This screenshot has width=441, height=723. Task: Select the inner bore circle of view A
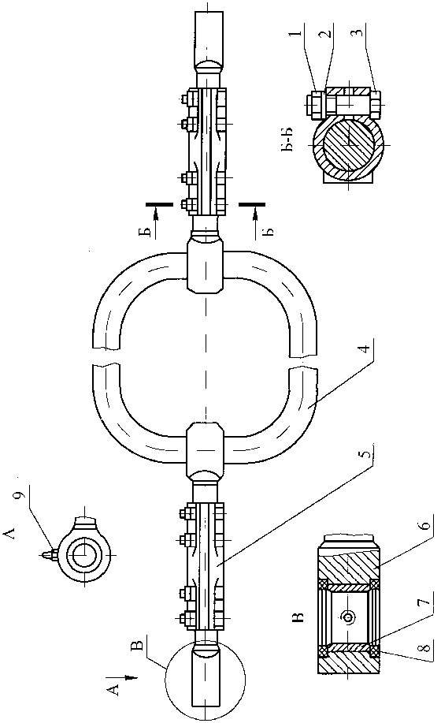point(84,553)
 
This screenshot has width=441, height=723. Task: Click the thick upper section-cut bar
point(159,203)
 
